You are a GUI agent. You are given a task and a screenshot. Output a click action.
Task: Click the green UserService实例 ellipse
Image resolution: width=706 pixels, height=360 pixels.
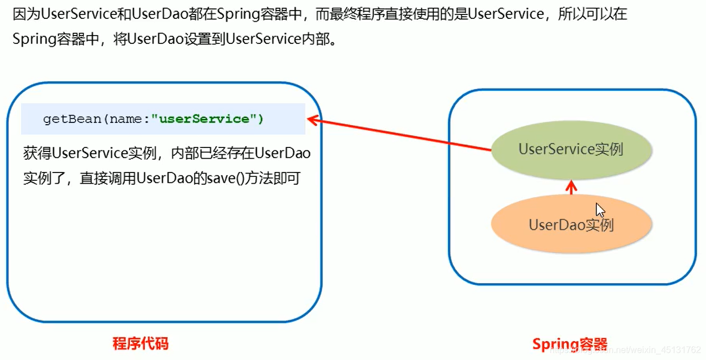[571, 149]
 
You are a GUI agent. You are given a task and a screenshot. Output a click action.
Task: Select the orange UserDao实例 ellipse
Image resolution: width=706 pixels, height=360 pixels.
[571, 225]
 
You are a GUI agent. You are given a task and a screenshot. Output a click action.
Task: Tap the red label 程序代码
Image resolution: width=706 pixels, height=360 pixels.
[140, 343]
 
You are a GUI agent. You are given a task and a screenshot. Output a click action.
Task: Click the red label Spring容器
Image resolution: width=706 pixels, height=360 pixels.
[569, 344]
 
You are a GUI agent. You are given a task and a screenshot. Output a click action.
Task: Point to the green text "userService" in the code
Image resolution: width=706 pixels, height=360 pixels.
[204, 119]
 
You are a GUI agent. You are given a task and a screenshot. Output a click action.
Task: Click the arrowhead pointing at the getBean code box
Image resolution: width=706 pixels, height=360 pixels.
[313, 119]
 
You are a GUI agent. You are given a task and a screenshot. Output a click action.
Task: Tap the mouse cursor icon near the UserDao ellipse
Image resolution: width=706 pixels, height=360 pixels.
[600, 210]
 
